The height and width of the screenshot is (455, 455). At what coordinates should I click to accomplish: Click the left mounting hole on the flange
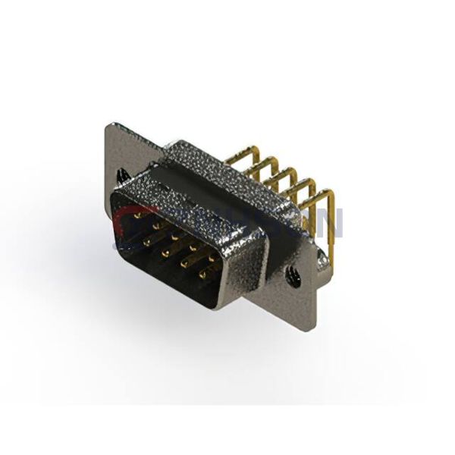coord(121,175)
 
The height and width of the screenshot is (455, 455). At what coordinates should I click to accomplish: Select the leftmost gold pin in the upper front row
coord(137,215)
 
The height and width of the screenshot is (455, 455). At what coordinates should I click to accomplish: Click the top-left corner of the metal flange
coord(109,124)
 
